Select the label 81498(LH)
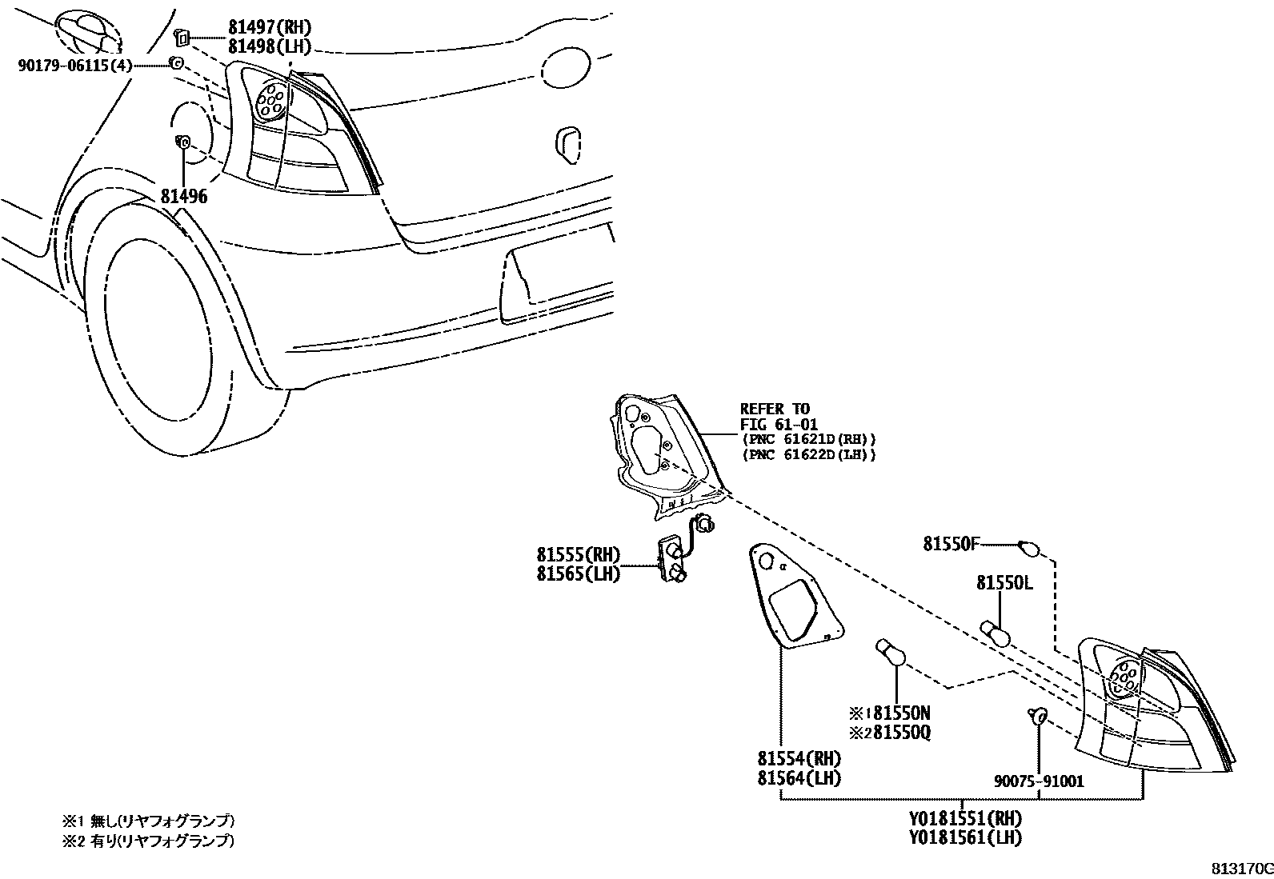pyautogui.click(x=268, y=48)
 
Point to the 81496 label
pyautogui.click(x=184, y=196)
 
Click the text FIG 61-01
pyautogui.click(x=779, y=425)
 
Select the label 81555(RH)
pyautogui.click(x=579, y=554)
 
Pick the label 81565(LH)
pyautogui.click(x=579, y=573)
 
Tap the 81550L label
pyautogui.click(x=1004, y=583)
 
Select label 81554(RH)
pyautogui.click(x=799, y=758)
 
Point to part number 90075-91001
pyautogui.click(x=1037, y=781)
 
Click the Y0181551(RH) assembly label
pyautogui.click(x=965, y=818)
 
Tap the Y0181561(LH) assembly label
pyautogui.click(x=965, y=837)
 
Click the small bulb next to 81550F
pyautogui.click(x=1029, y=549)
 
